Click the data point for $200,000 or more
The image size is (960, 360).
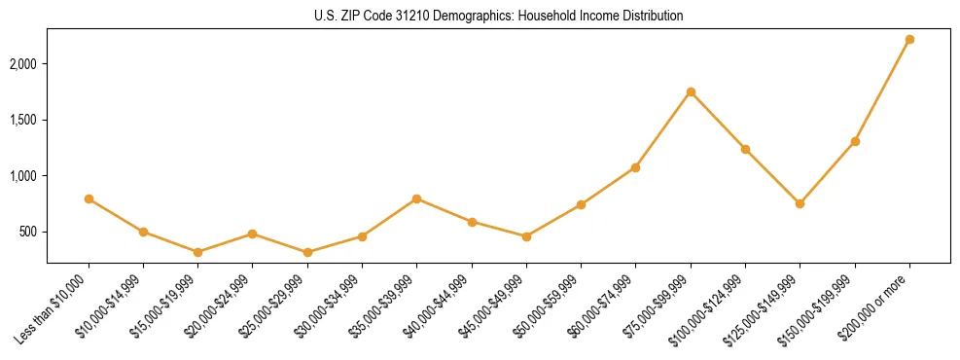point(909,40)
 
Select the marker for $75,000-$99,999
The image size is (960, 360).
point(691,92)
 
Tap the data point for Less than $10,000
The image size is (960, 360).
point(89,198)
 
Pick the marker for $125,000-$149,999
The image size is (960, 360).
point(800,203)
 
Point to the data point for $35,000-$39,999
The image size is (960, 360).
point(416,198)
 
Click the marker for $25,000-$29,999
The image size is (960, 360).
point(307,252)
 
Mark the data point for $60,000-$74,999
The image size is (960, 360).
point(635,167)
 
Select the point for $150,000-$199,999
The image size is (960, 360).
point(855,141)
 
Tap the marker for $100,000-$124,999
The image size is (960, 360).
point(745,149)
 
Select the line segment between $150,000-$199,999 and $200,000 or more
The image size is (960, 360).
point(882,90)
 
